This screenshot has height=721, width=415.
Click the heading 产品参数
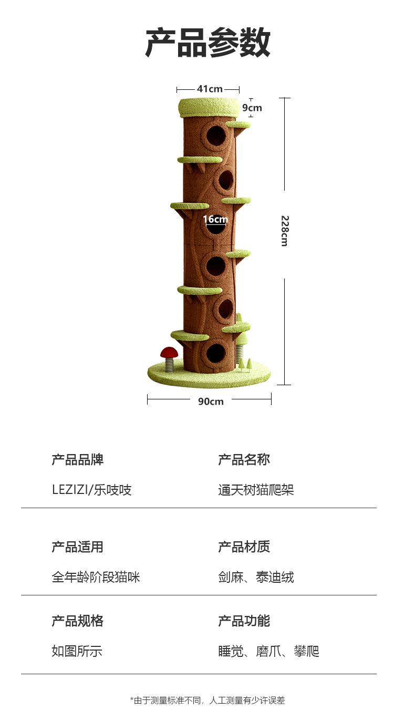coord(207,43)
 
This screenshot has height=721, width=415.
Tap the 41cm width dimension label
coord(210,89)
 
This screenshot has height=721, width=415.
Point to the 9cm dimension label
coord(252,108)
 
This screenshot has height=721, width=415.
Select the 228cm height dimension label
coord(284,231)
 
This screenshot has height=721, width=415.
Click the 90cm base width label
coord(211,401)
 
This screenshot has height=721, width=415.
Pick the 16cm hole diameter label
coord(215,219)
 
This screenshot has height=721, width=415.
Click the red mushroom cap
coord(170,352)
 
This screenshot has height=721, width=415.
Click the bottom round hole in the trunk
coord(215,353)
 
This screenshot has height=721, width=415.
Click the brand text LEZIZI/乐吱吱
coord(91,490)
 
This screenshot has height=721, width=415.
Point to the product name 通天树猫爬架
coord(256,490)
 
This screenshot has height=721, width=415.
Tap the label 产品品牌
coord(77,460)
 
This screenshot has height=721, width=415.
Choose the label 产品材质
coord(244,547)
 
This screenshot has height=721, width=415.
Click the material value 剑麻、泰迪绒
coord(256,578)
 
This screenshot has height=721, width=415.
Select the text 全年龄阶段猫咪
coord(96,578)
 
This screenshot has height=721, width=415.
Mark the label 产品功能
coord(244,621)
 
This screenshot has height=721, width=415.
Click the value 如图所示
coord(77,652)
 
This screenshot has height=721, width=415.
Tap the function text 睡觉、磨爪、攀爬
coord(268,652)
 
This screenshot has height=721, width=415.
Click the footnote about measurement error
coord(207,701)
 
